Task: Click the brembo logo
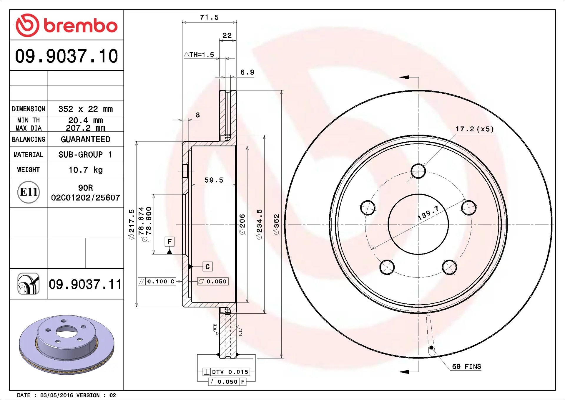click(x=67, y=25)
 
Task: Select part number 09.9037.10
click(x=67, y=56)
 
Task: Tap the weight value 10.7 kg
click(x=85, y=170)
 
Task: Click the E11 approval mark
click(x=29, y=192)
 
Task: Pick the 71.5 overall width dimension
click(x=209, y=17)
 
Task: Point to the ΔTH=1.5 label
click(x=199, y=55)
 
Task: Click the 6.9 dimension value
click(x=247, y=72)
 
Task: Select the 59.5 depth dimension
click(x=214, y=180)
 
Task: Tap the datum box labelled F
click(x=169, y=242)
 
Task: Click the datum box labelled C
click(x=207, y=267)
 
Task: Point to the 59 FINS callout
click(x=466, y=366)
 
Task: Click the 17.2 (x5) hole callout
click(x=475, y=129)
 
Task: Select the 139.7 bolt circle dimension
click(x=428, y=213)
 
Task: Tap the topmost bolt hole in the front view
click(x=418, y=171)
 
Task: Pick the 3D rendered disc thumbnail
click(x=67, y=345)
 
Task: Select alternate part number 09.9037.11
click(x=85, y=284)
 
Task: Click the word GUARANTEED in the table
click(x=85, y=139)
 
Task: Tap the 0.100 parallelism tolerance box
click(x=157, y=282)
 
